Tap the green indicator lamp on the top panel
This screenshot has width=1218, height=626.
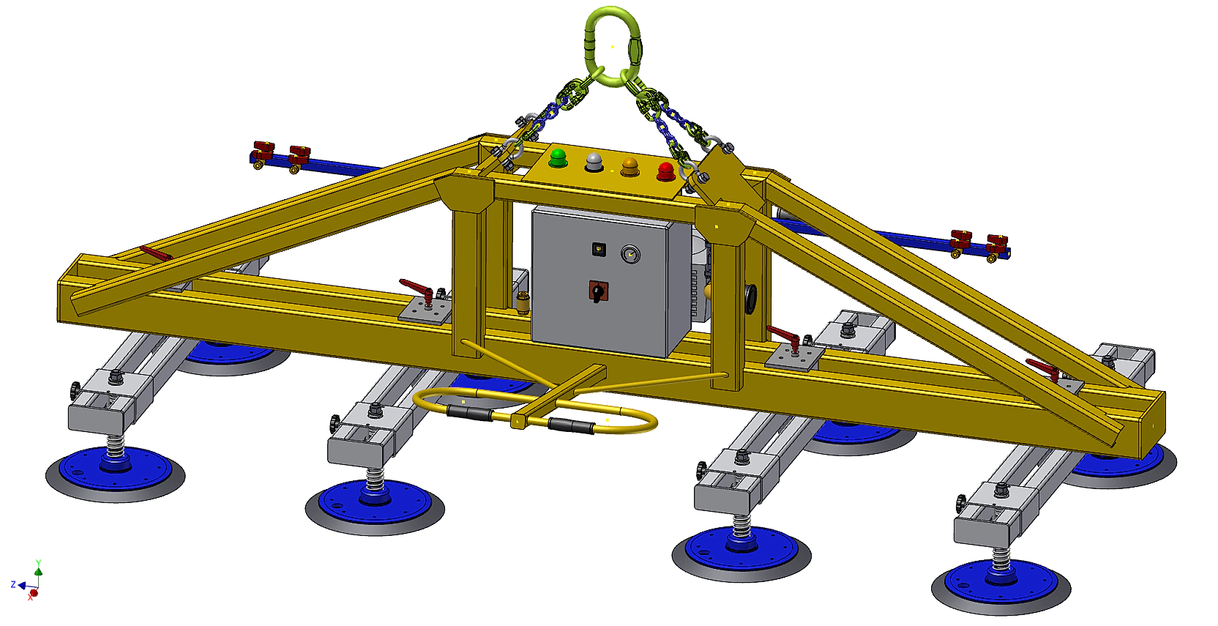pos(558,157)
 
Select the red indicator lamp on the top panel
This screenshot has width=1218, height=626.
pos(666,171)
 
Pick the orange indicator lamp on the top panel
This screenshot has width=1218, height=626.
pos(629,166)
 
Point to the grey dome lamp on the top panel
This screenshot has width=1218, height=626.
pos(594,162)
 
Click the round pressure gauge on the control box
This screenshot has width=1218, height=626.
pos(630,254)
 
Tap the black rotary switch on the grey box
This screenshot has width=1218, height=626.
pos(598,292)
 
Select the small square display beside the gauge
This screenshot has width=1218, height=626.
pos(599,250)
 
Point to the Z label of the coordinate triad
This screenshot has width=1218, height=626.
pos(13,585)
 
